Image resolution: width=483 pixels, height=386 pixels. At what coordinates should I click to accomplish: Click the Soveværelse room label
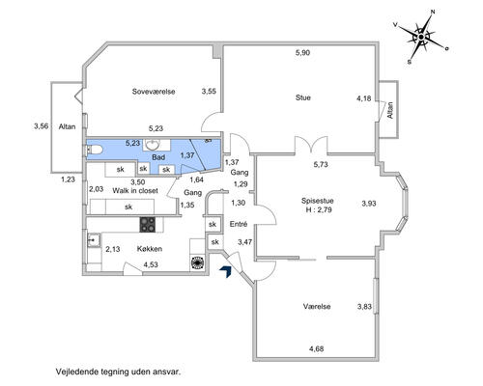coord(154,92)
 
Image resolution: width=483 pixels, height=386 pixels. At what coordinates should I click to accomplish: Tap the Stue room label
coord(303,97)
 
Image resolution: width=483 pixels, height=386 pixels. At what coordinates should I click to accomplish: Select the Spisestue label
coord(317,201)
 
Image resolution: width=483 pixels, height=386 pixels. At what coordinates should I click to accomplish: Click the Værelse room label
coord(317,306)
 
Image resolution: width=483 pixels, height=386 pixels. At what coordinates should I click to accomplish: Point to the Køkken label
coord(150,249)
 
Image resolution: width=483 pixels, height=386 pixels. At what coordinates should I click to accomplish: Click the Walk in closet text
coord(135,191)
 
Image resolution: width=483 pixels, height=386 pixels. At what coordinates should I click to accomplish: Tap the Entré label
coord(239,224)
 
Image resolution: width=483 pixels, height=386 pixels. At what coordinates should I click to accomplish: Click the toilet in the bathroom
coord(95,150)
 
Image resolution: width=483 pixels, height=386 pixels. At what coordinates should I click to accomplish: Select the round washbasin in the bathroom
coord(153,145)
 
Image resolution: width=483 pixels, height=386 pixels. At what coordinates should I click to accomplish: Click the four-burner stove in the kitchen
coord(148,225)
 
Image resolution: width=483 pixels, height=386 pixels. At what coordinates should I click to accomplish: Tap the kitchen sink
coord(94,240)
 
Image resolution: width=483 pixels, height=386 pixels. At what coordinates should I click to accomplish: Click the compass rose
coord(421,37)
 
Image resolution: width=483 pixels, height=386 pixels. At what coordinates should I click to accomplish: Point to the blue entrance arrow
coord(226,272)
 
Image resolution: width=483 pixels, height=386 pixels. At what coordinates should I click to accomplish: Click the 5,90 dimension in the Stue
coord(302,52)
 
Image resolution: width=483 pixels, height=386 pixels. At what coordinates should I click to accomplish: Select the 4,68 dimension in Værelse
coord(316,348)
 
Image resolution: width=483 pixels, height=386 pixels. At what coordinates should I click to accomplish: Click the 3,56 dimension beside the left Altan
coord(42,126)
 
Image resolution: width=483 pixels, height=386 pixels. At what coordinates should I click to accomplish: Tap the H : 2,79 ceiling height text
coord(319,210)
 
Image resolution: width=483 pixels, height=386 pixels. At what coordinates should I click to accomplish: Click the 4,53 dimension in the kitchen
coord(151,264)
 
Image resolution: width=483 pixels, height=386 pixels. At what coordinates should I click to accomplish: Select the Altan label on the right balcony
coord(390,110)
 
